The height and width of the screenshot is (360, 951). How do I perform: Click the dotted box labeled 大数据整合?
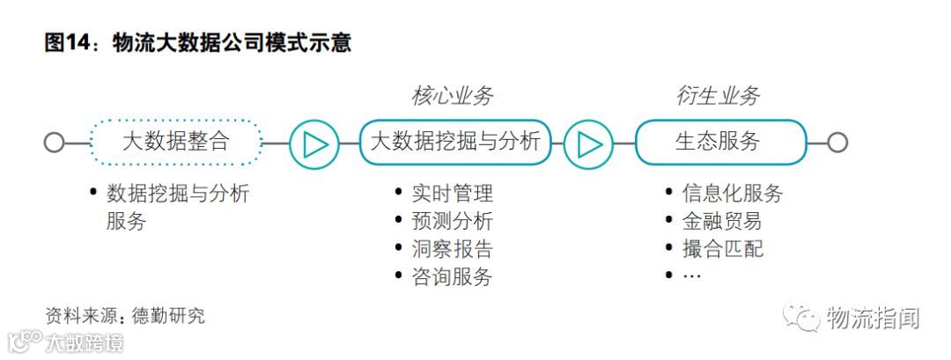[176, 142]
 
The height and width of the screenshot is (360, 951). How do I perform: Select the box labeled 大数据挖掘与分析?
[455, 142]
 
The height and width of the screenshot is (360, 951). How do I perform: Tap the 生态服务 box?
[719, 142]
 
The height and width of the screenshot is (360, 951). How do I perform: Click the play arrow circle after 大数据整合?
[314, 143]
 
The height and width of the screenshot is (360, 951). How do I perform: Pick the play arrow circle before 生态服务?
[588, 143]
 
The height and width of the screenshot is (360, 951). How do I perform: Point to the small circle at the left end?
[54, 143]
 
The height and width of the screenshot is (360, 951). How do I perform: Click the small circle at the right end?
[837, 143]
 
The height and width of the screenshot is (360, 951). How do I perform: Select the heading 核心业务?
[453, 96]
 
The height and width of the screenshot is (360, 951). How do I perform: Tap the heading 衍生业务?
[718, 96]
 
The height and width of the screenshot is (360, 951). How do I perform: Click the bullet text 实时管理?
[453, 193]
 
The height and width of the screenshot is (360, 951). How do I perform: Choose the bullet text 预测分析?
[453, 221]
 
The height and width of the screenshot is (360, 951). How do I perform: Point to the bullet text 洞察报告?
[453, 249]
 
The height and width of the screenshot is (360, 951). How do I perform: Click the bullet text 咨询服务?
[453, 277]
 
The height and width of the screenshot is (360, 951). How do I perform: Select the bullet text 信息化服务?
[732, 193]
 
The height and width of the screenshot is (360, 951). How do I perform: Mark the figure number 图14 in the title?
[68, 42]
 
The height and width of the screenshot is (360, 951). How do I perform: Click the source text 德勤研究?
[168, 315]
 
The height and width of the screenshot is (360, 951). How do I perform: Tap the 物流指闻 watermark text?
[872, 318]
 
